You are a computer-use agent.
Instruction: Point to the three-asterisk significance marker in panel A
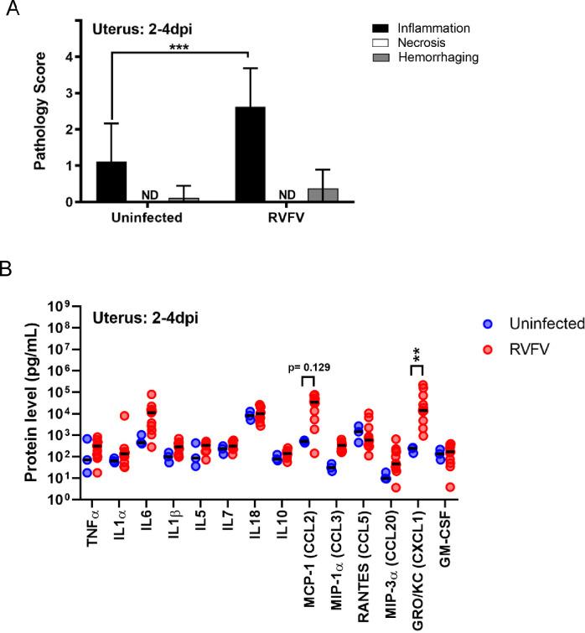pyautogui.click(x=179, y=48)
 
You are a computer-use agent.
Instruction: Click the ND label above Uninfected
pyautogui.click(x=148, y=195)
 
